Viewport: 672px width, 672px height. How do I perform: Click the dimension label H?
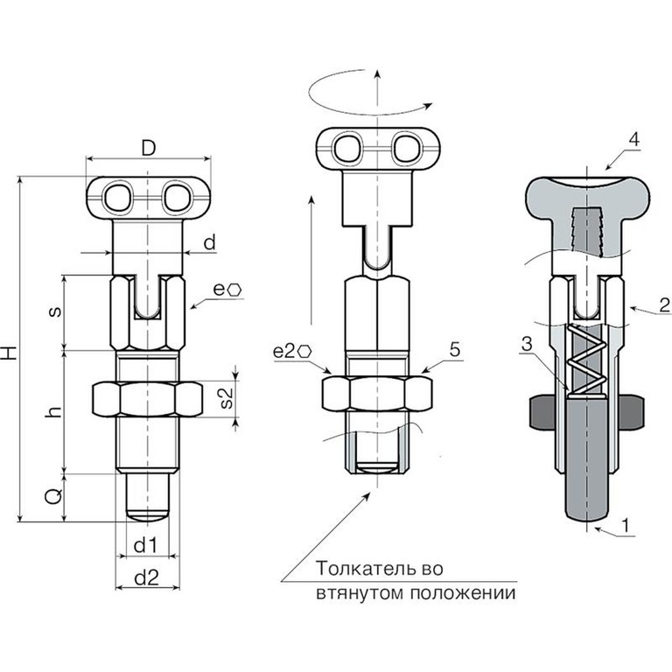[10, 347]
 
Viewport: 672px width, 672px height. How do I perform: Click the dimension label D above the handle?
[148, 148]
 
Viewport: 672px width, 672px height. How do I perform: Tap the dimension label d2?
[147, 577]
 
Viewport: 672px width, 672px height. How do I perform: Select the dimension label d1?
[146, 546]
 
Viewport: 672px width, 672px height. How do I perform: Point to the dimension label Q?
[53, 497]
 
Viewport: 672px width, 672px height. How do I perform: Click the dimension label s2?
[227, 398]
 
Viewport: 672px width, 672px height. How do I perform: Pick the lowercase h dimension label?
[54, 412]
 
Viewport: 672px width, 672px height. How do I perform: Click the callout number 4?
[633, 140]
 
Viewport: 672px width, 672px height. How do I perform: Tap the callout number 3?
[527, 344]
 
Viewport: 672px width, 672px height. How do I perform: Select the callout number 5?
[455, 350]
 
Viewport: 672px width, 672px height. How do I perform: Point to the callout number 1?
[626, 525]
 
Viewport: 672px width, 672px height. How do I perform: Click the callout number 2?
[665, 305]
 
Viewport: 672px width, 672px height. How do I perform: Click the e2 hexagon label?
[292, 352]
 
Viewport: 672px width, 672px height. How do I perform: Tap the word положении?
[463, 593]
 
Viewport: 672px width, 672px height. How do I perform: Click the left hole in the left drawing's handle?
[117, 198]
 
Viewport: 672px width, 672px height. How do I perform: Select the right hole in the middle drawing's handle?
[406, 149]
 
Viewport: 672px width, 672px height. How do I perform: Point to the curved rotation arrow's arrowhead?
[427, 105]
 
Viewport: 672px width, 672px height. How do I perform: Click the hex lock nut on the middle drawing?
[377, 393]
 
